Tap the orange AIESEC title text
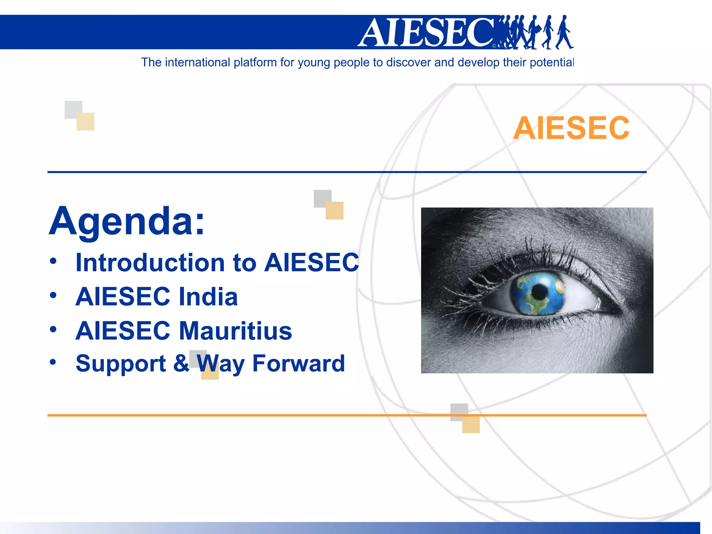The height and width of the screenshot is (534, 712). pos(571,128)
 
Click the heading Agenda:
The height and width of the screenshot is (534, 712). pos(127,221)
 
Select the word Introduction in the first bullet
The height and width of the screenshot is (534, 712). pos(150,262)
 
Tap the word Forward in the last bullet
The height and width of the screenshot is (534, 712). pos(298,363)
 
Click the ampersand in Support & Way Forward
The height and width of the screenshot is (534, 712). pos(181,363)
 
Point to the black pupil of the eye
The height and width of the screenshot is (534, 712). pos(539,291)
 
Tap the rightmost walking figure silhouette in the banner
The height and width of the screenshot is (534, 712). pos(565,32)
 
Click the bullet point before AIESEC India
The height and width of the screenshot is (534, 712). pos(53,296)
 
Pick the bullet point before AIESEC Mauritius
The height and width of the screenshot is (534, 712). pos(53,329)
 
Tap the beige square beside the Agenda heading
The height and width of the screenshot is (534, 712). pos(334,211)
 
